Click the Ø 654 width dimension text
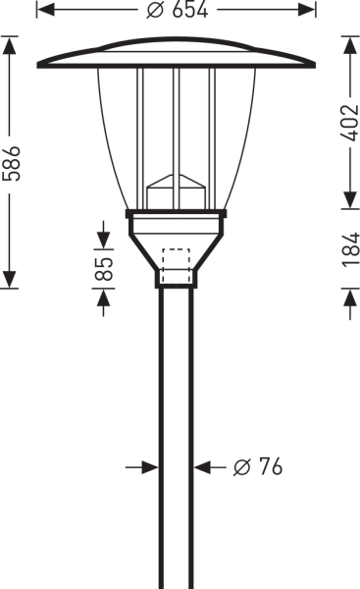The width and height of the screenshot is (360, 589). pos(177,10)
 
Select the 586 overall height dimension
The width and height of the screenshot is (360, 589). pos(11,163)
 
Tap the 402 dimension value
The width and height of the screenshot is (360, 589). pos(350,123)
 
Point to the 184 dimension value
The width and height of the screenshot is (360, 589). pos(350,249)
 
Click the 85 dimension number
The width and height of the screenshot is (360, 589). pos(104,269)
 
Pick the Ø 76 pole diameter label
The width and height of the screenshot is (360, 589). pos(258,467)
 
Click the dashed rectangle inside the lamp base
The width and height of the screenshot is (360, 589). pos(176,265)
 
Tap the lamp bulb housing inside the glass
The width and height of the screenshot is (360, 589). pos(176,191)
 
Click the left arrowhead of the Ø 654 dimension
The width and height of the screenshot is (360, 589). pos(45,10)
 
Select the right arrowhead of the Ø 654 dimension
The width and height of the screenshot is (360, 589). pos(307,10)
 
